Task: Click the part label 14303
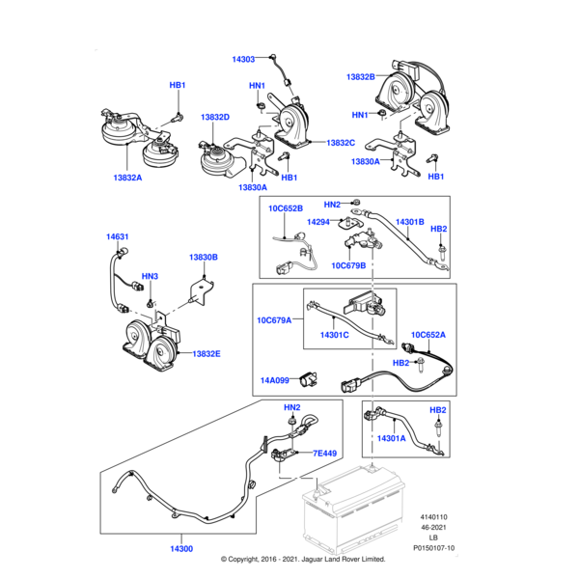pos(244,60)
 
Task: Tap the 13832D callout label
pos(215,118)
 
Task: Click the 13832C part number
pos(341,143)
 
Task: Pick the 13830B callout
pos(204,258)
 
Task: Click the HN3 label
pos(150,277)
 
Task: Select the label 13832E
pos(207,354)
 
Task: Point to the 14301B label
pos(410,222)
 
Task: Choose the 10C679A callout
pos(275,319)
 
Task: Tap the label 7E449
pos(324,453)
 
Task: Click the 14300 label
pos(180,548)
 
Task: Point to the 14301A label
pos(392,438)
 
